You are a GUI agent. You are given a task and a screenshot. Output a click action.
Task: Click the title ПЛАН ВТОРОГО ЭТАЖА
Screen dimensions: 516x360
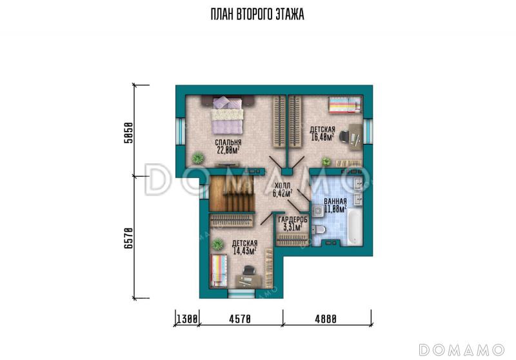coord(257,14)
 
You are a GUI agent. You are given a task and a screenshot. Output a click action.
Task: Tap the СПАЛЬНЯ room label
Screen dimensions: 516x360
coord(228,143)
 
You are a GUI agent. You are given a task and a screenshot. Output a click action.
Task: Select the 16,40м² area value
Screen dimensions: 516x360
coord(322,137)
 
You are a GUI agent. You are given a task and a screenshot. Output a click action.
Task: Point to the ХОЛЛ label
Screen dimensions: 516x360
coord(283,186)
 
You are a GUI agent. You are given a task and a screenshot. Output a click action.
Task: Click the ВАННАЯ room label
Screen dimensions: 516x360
coord(335,201)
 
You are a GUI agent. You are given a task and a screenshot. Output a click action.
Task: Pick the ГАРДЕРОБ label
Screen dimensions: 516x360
coord(293,219)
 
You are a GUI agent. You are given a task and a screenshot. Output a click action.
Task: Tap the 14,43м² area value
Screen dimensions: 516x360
coord(244,251)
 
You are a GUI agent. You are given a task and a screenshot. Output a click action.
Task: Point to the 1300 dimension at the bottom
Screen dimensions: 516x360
coord(187,319)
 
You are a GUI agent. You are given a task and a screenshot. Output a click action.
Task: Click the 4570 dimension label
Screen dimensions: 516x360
coord(240,319)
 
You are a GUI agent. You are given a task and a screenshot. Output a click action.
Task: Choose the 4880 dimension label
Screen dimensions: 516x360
coord(326,319)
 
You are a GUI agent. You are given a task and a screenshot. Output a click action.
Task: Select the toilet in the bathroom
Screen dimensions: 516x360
coord(318,230)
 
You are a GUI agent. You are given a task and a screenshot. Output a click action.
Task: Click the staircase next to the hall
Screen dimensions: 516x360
coord(232,194)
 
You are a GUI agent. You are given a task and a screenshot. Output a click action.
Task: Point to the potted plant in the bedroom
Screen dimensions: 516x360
coord(198,158)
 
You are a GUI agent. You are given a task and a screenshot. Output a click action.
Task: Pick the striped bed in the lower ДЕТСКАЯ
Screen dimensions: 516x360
coord(219,270)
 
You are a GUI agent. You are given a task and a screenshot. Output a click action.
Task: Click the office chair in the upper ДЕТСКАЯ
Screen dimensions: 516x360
coord(344,136)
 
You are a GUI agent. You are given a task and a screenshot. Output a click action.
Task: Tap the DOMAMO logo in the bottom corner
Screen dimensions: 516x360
coord(462,350)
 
